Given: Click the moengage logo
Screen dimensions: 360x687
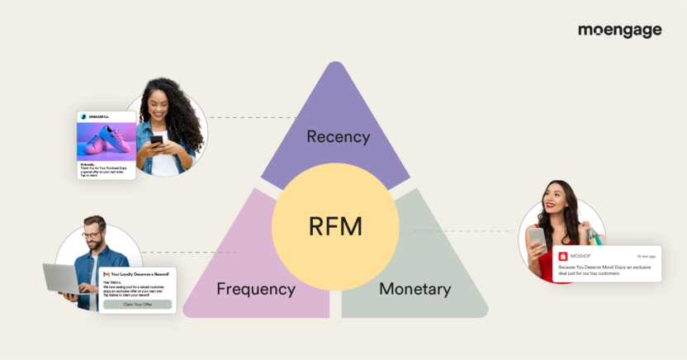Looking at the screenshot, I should pyautogui.click(x=619, y=31).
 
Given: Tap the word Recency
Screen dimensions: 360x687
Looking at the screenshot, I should pyautogui.click(x=338, y=136).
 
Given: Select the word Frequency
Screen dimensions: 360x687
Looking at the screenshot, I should pyautogui.click(x=256, y=289).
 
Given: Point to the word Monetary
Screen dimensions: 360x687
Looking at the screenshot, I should pyautogui.click(x=415, y=289).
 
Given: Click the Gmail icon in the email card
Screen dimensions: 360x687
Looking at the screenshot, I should pyautogui.click(x=105, y=273).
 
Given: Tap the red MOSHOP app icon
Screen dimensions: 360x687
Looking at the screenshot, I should pyautogui.click(x=563, y=257).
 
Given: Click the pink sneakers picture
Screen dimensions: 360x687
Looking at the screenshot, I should pyautogui.click(x=107, y=141).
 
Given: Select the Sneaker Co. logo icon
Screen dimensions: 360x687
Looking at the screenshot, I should pyautogui.click(x=84, y=117).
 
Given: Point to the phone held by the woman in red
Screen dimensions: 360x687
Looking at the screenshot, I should pyautogui.click(x=536, y=240).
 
